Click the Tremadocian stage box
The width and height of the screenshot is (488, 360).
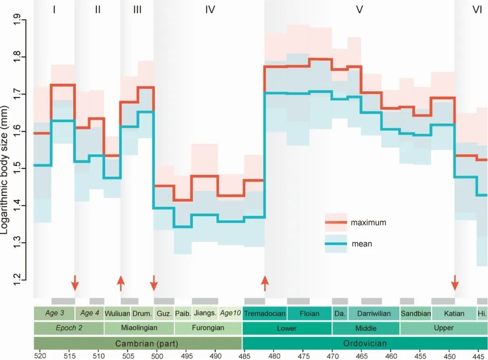click(265, 313)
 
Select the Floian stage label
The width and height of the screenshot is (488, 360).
click(310, 313)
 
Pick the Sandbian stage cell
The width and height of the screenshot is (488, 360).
click(416, 313)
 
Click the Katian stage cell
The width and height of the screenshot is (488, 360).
click(454, 313)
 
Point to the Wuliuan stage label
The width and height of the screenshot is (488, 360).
click(117, 313)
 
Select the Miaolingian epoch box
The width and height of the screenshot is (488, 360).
click(139, 328)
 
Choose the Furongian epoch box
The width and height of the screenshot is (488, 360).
click(208, 328)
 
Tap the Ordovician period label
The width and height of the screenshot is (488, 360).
click(365, 343)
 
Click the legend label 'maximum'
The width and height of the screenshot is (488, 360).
click(368, 222)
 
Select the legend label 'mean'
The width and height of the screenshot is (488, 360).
click(361, 244)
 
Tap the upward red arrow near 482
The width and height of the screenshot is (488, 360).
click(265, 283)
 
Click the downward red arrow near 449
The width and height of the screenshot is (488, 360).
click(455, 283)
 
